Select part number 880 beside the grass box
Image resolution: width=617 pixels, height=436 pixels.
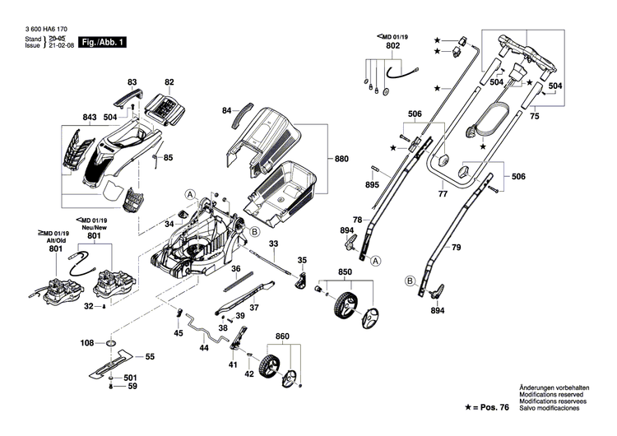point(341,159)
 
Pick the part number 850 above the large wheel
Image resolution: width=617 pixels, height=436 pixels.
point(346,272)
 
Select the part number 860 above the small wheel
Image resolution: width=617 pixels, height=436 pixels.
point(282,337)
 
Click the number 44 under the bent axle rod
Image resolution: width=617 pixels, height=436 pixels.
point(203,348)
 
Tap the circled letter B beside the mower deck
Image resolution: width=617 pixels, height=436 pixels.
point(254,233)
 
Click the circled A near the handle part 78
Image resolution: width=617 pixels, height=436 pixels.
point(376,261)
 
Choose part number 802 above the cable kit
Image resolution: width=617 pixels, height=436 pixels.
point(392,47)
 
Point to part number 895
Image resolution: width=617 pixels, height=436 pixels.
point(372,185)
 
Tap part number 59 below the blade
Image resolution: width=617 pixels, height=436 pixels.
point(131,387)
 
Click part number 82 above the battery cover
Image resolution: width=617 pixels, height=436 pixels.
point(169,83)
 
